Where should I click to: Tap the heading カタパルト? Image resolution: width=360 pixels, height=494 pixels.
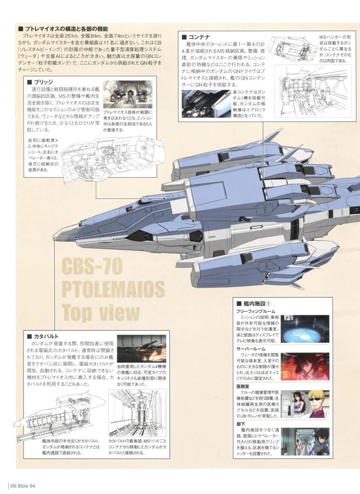coord(46,336)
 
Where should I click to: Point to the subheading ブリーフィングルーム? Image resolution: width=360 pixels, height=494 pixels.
coord(256,311)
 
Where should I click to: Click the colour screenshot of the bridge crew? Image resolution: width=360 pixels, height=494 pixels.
coord(128,94)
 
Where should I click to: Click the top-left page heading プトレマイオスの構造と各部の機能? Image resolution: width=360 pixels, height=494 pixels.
coord(64,29)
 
